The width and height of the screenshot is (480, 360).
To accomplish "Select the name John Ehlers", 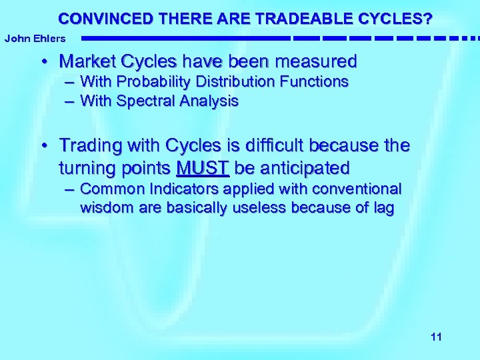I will (35, 39).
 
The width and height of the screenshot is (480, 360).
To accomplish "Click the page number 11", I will (436, 337).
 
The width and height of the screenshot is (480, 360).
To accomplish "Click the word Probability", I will (159, 82).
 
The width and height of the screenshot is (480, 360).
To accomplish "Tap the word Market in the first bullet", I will (85, 62).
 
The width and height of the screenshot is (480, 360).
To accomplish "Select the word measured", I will (318, 62).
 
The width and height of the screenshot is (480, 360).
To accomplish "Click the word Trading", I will (87, 145).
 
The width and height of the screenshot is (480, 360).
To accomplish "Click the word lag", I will (382, 208).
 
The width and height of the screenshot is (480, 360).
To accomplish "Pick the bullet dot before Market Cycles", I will (43, 63).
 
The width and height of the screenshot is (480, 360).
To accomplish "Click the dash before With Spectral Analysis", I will (69, 101).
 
